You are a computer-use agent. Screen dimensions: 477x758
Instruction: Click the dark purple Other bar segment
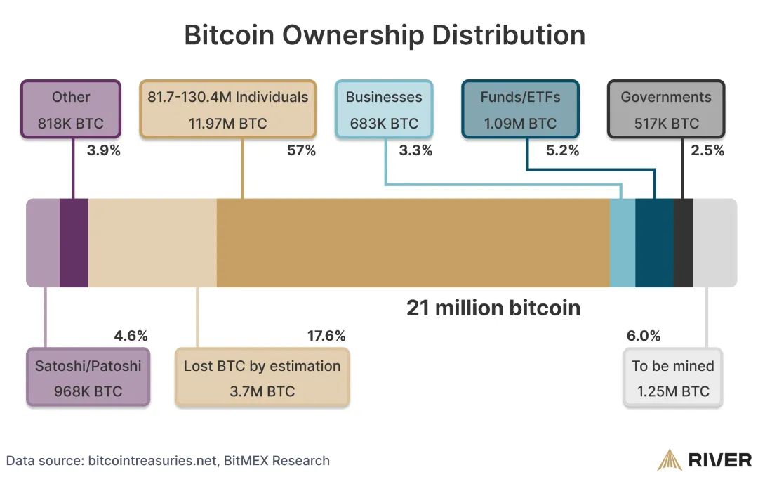tap(74, 243)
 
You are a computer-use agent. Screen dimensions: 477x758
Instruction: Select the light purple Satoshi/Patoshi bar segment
tap(43, 243)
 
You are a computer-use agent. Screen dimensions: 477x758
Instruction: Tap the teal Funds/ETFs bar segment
tap(654, 243)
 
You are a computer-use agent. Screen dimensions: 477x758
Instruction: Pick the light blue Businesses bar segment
tap(623, 243)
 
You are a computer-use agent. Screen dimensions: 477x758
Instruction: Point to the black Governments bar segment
tap(683, 243)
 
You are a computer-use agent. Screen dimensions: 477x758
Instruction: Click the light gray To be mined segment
tap(714, 243)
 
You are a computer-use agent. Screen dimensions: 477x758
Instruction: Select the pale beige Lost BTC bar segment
tap(152, 243)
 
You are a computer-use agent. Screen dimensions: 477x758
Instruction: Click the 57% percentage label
tap(302, 150)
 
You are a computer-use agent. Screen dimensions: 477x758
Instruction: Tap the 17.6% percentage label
tap(326, 336)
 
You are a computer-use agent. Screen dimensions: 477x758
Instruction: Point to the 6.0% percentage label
tap(644, 336)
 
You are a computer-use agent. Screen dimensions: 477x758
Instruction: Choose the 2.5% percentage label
tap(707, 150)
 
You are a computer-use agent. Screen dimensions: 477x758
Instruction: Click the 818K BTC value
tap(71, 124)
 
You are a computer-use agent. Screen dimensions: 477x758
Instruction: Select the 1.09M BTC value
tap(520, 124)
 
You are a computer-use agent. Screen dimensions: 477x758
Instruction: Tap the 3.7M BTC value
tap(262, 391)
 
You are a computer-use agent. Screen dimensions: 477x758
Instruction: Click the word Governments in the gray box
tap(666, 97)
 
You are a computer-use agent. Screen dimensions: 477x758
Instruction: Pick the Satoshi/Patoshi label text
tap(88, 366)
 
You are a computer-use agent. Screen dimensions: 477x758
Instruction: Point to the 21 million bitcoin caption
tap(493, 308)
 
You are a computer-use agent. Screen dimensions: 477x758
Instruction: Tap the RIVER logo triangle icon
tap(669, 460)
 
